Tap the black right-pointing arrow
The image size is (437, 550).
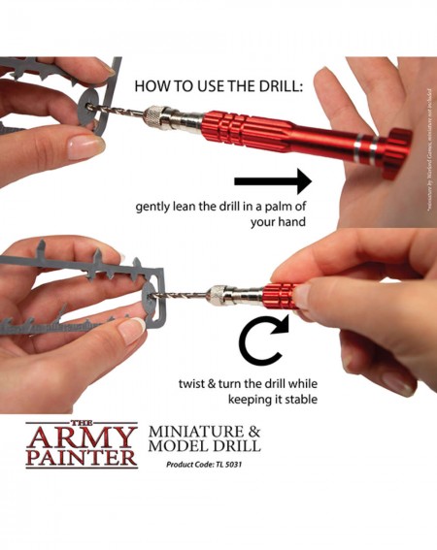pos(272,180)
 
